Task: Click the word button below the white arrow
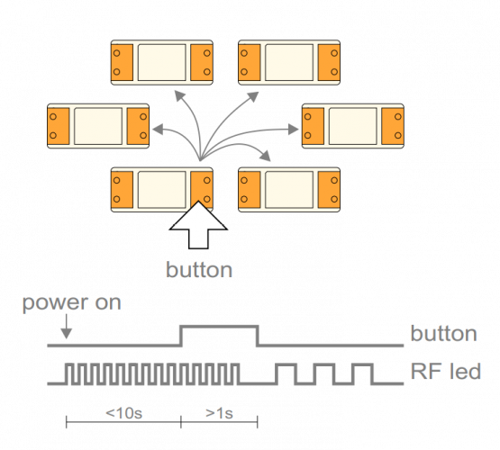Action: (199, 270)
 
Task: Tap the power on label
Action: (72, 303)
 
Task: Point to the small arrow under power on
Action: (67, 327)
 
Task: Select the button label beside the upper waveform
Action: (443, 333)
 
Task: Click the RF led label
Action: (445, 372)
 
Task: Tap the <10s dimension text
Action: (123, 413)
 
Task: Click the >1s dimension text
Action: (220, 413)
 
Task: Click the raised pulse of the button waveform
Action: (220, 327)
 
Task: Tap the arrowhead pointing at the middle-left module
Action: (158, 130)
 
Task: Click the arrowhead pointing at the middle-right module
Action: (293, 130)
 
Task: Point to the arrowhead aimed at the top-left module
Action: (179, 95)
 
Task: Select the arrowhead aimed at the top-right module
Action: (253, 96)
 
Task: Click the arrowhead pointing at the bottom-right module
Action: (266, 156)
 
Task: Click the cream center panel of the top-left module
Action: (162, 62)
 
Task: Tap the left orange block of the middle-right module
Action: (314, 126)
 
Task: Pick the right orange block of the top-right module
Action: (329, 62)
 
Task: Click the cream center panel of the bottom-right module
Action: (289, 190)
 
